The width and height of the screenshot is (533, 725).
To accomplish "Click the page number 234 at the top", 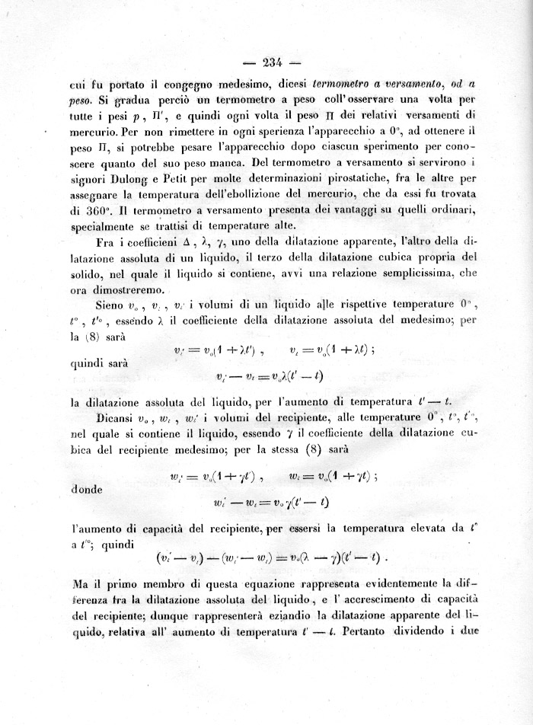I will pyautogui.click(x=272, y=63).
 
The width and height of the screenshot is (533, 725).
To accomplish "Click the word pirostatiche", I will pyautogui.click(x=382, y=177).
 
